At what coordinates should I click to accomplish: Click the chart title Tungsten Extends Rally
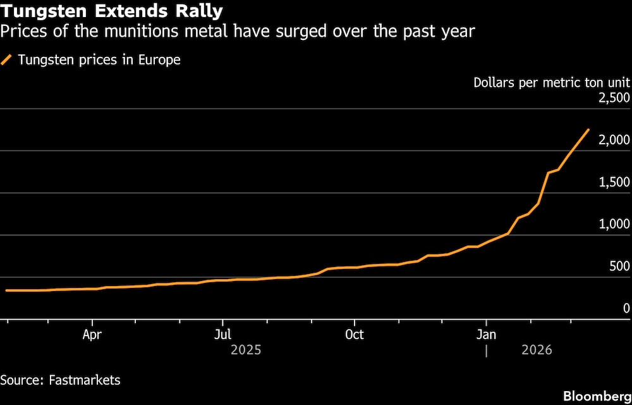[x=111, y=11]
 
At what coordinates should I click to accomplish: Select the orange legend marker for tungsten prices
[x=7, y=60]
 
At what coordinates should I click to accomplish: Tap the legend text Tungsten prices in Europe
[x=99, y=60]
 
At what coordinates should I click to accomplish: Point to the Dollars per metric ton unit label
[x=551, y=82]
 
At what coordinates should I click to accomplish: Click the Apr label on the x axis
[x=92, y=335]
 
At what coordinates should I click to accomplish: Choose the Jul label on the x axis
[x=222, y=335]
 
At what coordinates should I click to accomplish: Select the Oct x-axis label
[x=355, y=335]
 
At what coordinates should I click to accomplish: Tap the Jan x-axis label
[x=486, y=335]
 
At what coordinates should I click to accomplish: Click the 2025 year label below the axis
[x=246, y=350]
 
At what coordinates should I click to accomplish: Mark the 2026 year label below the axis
[x=537, y=350]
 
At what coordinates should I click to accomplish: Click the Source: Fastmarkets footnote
[x=60, y=380]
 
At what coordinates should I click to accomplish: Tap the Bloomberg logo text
[x=595, y=396]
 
